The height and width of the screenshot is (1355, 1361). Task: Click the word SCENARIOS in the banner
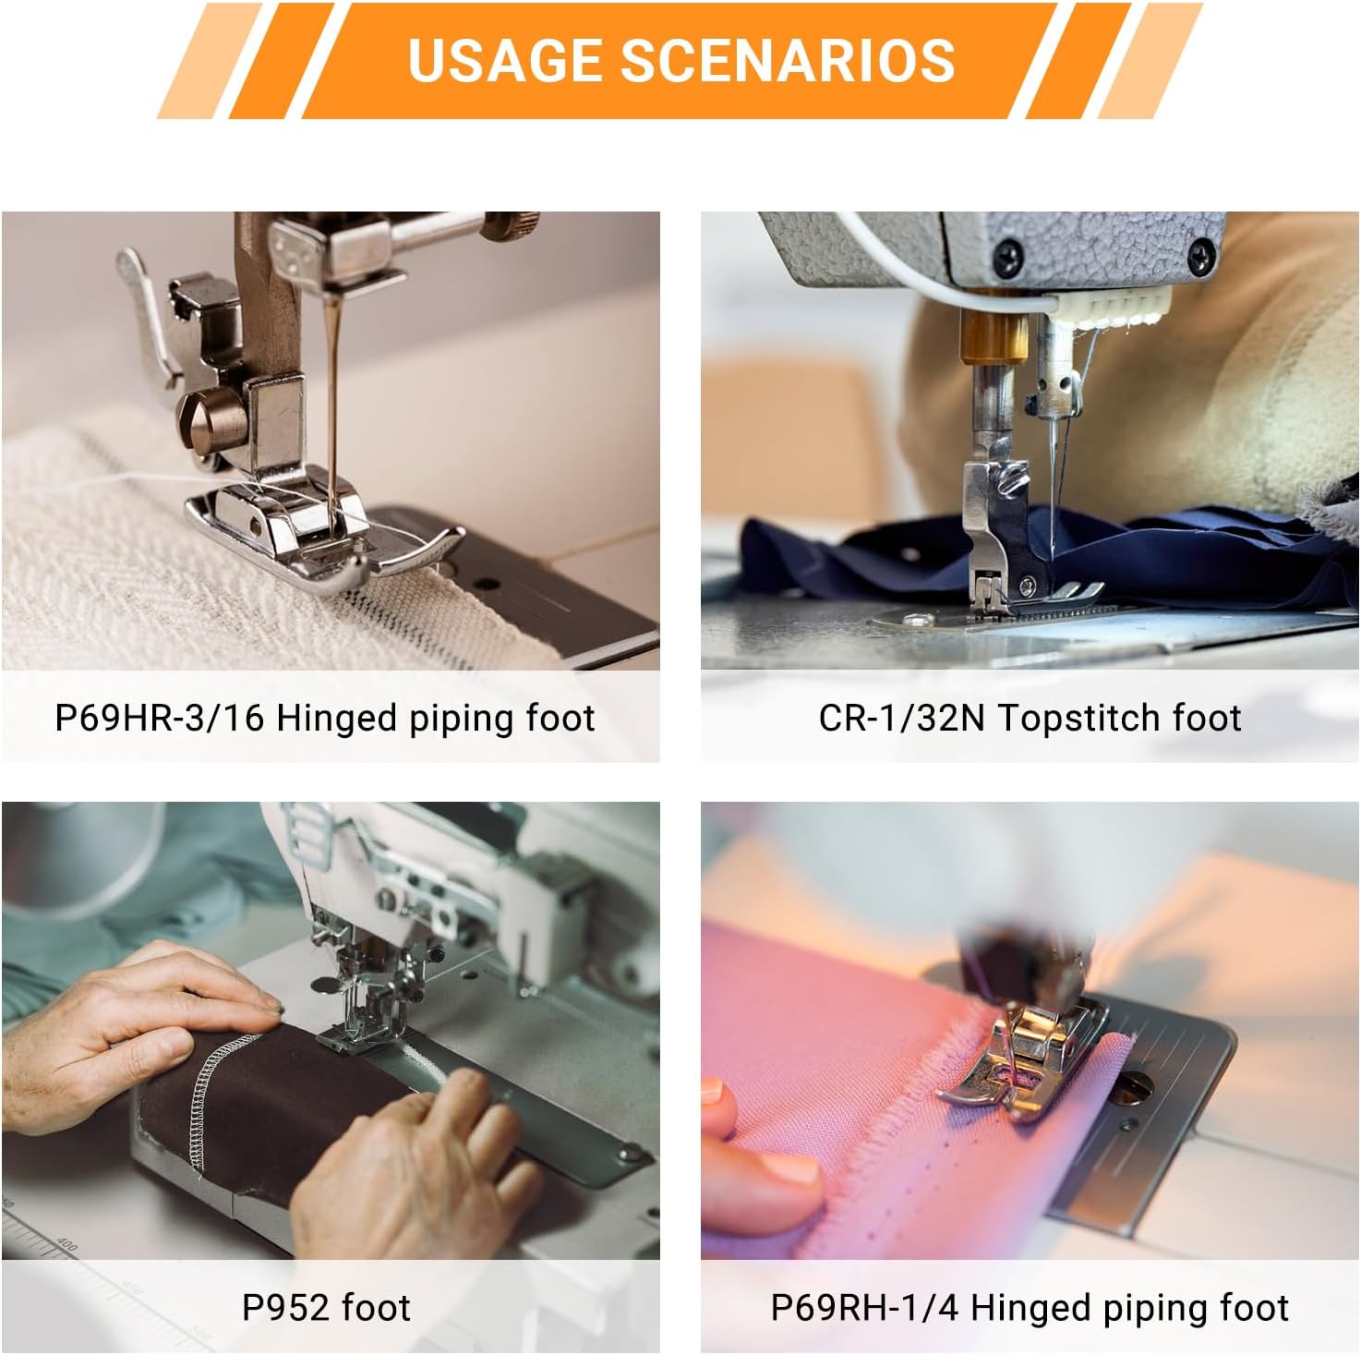point(787,60)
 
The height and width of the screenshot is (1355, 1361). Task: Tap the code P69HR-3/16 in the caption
point(161,718)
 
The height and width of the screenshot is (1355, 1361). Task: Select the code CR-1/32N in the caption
point(901,718)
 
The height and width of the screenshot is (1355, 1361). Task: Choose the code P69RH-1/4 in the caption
point(865,1308)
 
